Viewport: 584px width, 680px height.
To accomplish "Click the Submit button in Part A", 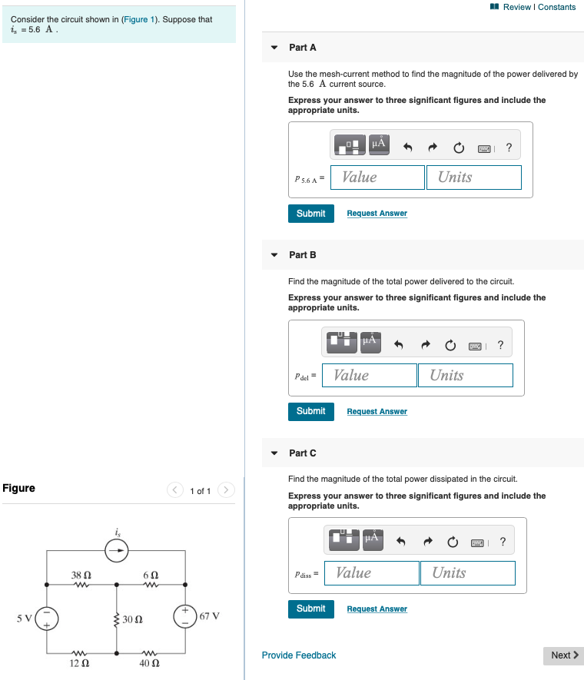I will coord(310,214).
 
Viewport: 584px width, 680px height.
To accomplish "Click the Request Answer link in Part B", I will coord(377,412).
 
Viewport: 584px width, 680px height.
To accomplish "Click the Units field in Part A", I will coord(473,177).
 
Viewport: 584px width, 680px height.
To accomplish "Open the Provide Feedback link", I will coord(298,655).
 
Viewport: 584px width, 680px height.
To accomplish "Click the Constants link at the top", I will coord(556,7).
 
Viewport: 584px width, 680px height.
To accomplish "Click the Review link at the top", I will coord(516,7).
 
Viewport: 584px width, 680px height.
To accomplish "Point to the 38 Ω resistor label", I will coord(81,575).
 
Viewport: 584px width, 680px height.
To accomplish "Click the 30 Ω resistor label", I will coord(133,619).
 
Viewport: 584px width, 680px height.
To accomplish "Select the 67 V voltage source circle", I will coord(185,616).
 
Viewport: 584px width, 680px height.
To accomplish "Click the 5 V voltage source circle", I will coord(46,618).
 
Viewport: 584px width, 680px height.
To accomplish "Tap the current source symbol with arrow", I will coord(117,550).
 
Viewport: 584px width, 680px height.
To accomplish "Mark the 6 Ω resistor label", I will coord(151,575).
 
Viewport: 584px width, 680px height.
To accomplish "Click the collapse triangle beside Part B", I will coord(274,255).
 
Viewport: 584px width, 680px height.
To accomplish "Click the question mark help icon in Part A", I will coord(509,146).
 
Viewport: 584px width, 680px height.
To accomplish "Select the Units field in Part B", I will coord(465,376).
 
